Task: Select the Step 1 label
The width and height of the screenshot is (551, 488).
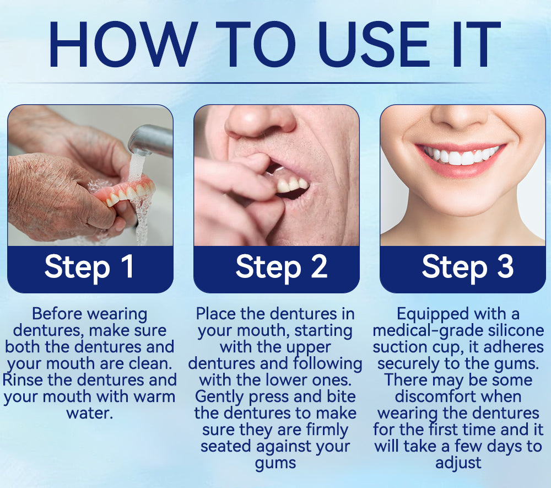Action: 89,267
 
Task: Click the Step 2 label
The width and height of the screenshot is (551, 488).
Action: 281,267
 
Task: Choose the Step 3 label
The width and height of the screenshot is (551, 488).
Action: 467,267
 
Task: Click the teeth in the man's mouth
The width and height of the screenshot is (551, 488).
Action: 292,184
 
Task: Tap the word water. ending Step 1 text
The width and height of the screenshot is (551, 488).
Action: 90,413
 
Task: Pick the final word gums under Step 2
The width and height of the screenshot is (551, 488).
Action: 275,463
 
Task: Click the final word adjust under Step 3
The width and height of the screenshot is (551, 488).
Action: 458,463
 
